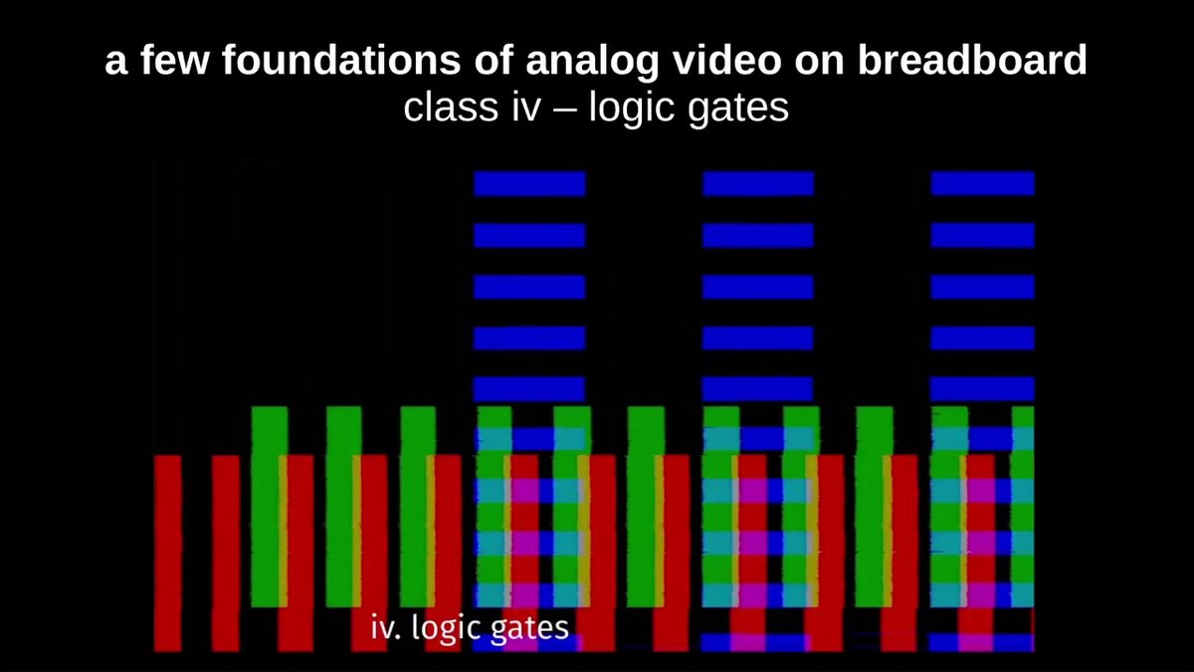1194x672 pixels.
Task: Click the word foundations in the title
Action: click(x=341, y=60)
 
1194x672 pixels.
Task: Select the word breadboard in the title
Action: click(x=972, y=60)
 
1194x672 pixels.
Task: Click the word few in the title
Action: click(x=174, y=60)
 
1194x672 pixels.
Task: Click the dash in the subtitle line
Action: click(x=565, y=110)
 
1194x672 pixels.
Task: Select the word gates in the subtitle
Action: click(x=737, y=109)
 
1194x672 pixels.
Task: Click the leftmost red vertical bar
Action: click(x=167, y=554)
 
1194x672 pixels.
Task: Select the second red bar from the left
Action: click(x=226, y=554)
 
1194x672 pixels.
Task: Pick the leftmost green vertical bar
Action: click(x=270, y=507)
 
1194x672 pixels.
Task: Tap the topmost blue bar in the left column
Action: click(x=529, y=183)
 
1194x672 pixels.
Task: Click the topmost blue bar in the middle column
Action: click(x=758, y=183)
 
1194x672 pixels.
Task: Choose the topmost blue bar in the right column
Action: click(x=982, y=183)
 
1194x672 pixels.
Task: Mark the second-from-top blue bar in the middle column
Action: click(x=758, y=235)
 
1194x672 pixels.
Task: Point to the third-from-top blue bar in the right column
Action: click(x=982, y=287)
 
